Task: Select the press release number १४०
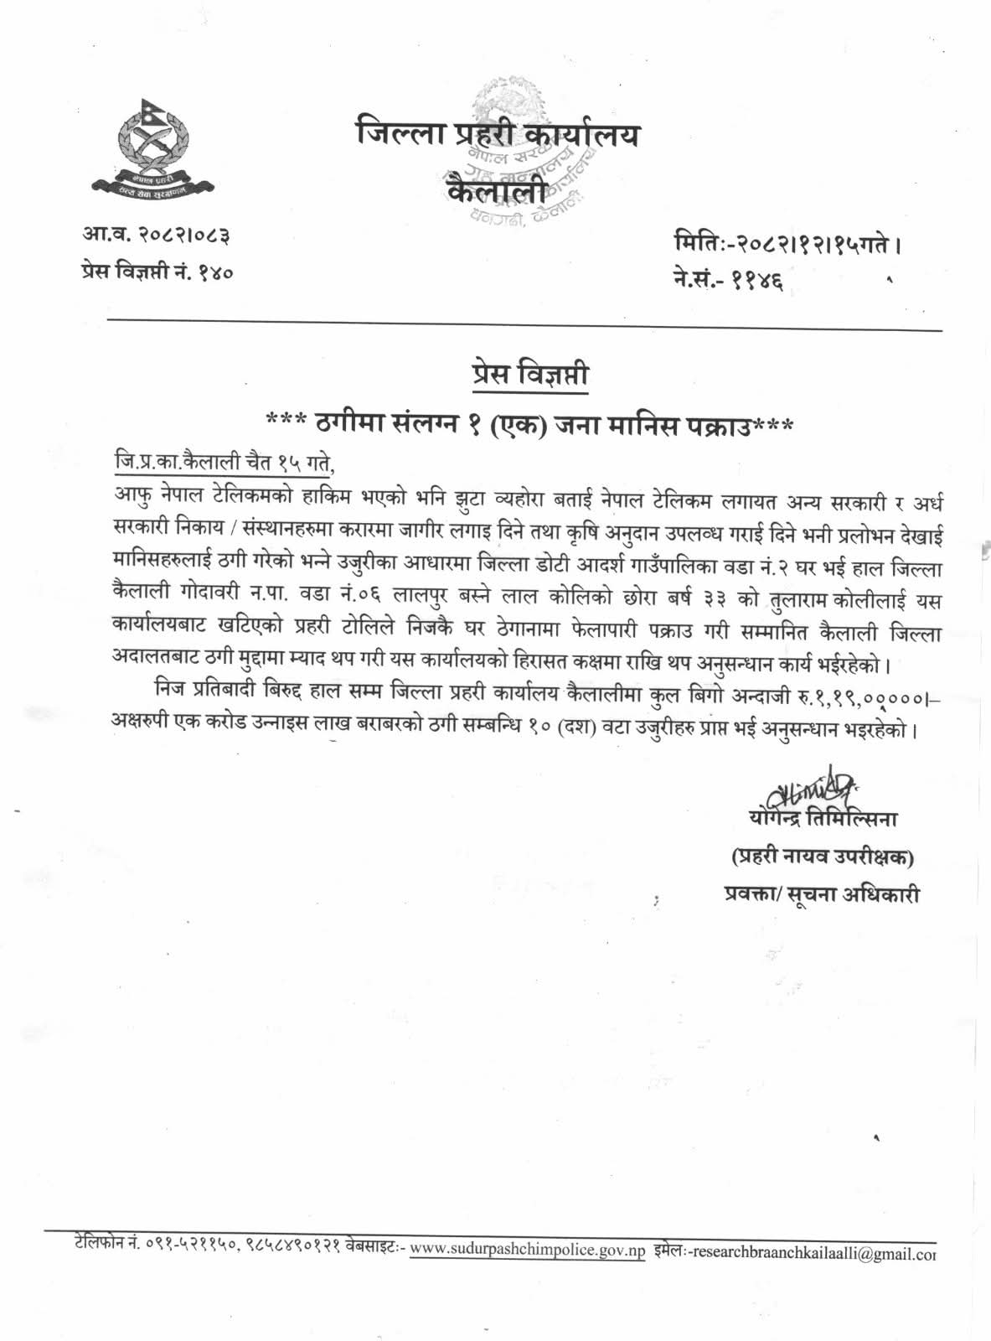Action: [215, 271]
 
